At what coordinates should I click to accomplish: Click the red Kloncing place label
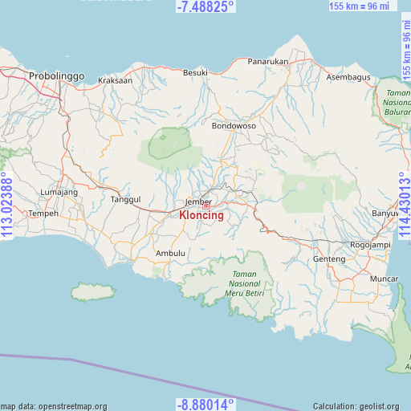pos(201,216)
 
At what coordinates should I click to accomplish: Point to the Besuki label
pos(195,72)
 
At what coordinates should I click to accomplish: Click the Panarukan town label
pos(267,61)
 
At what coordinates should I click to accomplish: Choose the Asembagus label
pos(349,77)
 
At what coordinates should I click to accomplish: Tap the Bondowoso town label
pos(234,126)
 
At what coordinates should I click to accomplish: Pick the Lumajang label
pos(59,193)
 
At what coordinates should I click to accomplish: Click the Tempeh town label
pos(43,214)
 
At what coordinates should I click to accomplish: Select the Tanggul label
pos(125,199)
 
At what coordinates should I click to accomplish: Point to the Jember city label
pos(197,201)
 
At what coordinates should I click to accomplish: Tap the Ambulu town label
pos(170,254)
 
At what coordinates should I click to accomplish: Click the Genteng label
pos(329,259)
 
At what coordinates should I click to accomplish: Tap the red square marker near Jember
pos(205,206)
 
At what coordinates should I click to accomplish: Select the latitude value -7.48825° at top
pos(205,6)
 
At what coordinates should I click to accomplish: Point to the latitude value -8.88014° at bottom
pos(205,404)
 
